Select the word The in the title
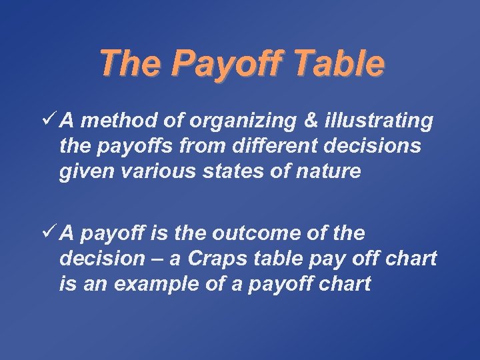click(129, 64)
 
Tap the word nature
click(331, 172)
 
